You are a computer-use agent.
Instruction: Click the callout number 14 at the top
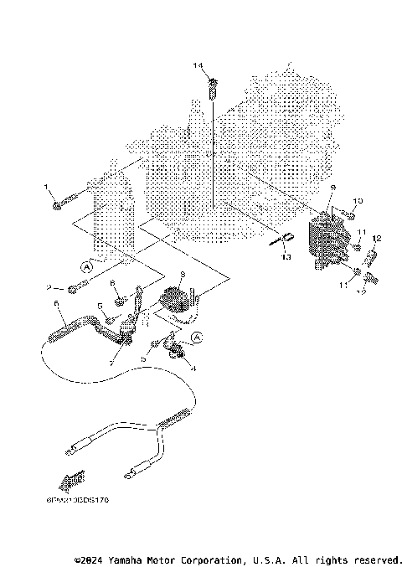198,65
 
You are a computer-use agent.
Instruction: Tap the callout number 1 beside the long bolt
46,188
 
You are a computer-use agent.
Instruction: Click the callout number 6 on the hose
55,303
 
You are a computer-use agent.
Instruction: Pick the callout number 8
112,285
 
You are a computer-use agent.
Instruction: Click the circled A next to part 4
198,338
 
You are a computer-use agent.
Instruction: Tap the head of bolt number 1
56,204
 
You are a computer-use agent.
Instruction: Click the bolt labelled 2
74,289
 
